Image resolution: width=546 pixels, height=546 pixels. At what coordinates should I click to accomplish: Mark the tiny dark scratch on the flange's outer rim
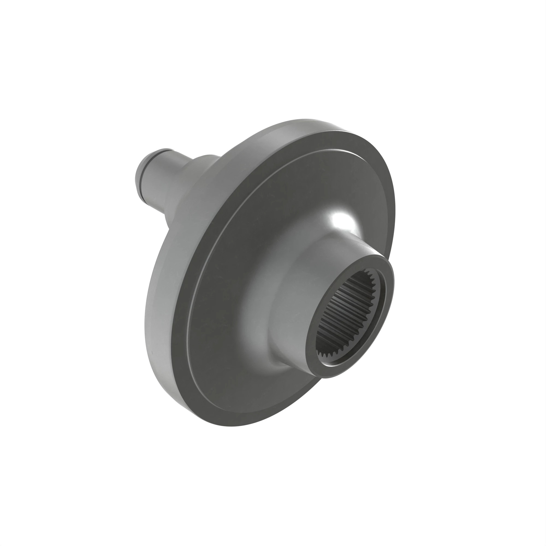pyautogui.click(x=152, y=353)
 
